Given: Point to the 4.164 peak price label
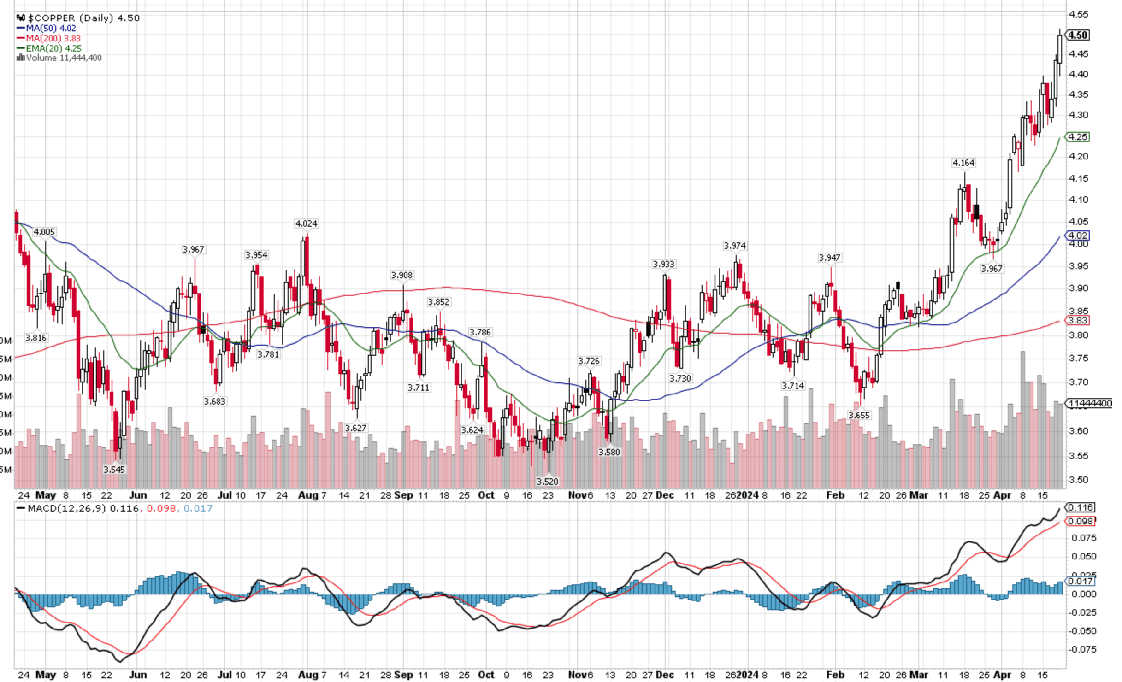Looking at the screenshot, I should pyautogui.click(x=963, y=163).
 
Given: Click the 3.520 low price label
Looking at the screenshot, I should pyautogui.click(x=547, y=482).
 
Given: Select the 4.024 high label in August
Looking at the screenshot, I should pyautogui.click(x=306, y=223).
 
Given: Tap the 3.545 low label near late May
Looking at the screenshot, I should pyautogui.click(x=114, y=470).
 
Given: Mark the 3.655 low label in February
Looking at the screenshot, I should pyautogui.click(x=859, y=415).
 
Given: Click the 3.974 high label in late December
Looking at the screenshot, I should pyautogui.click(x=735, y=246).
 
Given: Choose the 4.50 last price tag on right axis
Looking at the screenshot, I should pyautogui.click(x=1079, y=35).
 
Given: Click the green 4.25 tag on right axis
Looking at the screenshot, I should pyautogui.click(x=1078, y=137).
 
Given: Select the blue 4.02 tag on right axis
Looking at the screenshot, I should pyautogui.click(x=1078, y=235).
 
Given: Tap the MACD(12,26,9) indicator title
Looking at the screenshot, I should pyautogui.click(x=67, y=508).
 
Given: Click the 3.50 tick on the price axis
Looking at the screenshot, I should pyautogui.click(x=1078, y=480).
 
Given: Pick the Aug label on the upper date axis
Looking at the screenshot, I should pyautogui.click(x=308, y=495).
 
